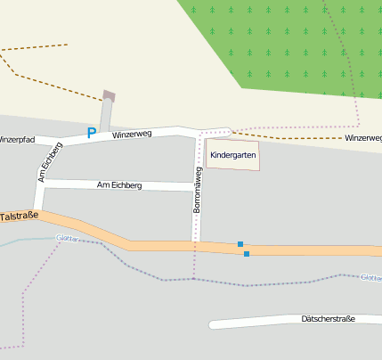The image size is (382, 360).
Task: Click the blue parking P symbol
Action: [91, 134]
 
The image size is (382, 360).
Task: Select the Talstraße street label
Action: [19, 217]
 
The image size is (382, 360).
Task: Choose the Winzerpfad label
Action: [16, 140]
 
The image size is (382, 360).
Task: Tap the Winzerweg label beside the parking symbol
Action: [132, 135]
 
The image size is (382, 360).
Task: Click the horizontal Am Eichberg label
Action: [118, 184]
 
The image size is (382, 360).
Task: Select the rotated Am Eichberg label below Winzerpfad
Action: [49, 161]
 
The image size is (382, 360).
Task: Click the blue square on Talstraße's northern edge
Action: [240, 243]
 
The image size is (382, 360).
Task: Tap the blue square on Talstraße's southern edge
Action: [247, 254]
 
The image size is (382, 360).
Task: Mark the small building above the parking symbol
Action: [110, 95]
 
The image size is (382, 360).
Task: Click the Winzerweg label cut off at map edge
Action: [363, 138]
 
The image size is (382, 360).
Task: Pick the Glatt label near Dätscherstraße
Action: [370, 277]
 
